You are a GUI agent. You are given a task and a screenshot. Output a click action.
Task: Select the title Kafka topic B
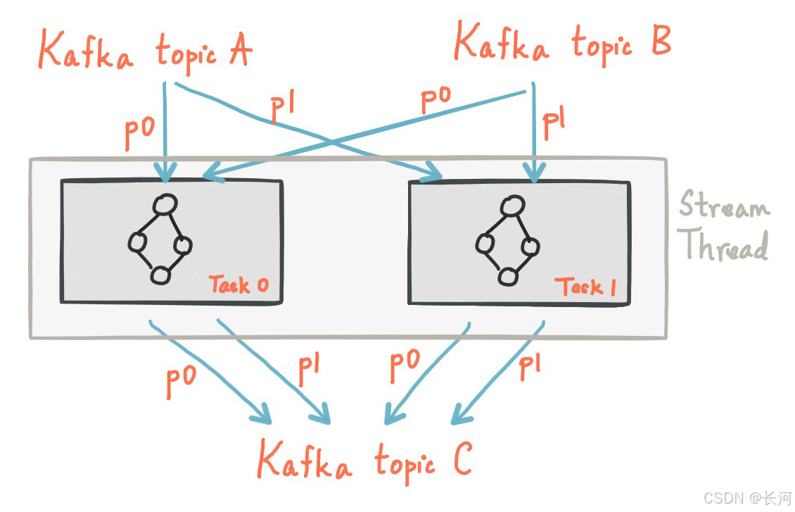tap(562, 42)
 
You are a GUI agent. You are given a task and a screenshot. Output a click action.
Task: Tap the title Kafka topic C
tap(364, 461)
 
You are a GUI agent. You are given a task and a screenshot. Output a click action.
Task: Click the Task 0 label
tap(238, 285)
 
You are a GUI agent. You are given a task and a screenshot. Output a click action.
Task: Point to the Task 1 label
tap(585, 287)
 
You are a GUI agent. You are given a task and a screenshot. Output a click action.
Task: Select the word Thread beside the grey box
tap(725, 246)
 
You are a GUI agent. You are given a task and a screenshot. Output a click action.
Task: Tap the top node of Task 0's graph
tap(165, 205)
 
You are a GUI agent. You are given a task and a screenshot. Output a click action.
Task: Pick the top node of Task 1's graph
tap(511, 206)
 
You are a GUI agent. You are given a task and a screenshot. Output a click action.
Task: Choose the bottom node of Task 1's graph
tap(507, 276)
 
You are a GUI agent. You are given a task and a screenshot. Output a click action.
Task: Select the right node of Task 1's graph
tap(530, 246)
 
